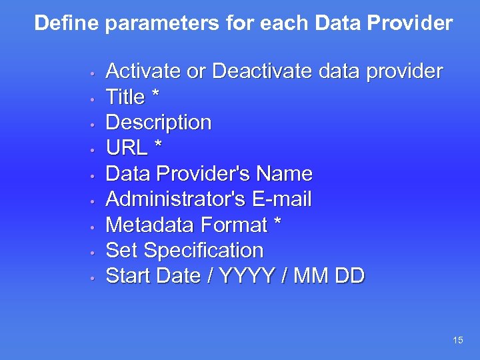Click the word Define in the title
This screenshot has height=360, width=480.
(x=67, y=23)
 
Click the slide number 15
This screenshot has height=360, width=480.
(x=457, y=341)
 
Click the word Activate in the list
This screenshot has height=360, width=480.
(x=143, y=71)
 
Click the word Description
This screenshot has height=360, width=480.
(x=159, y=123)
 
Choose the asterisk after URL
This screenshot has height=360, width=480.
(x=158, y=146)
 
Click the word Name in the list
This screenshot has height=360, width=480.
(x=285, y=174)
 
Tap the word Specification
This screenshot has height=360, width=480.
(x=203, y=251)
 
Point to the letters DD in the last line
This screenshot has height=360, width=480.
(x=349, y=276)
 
